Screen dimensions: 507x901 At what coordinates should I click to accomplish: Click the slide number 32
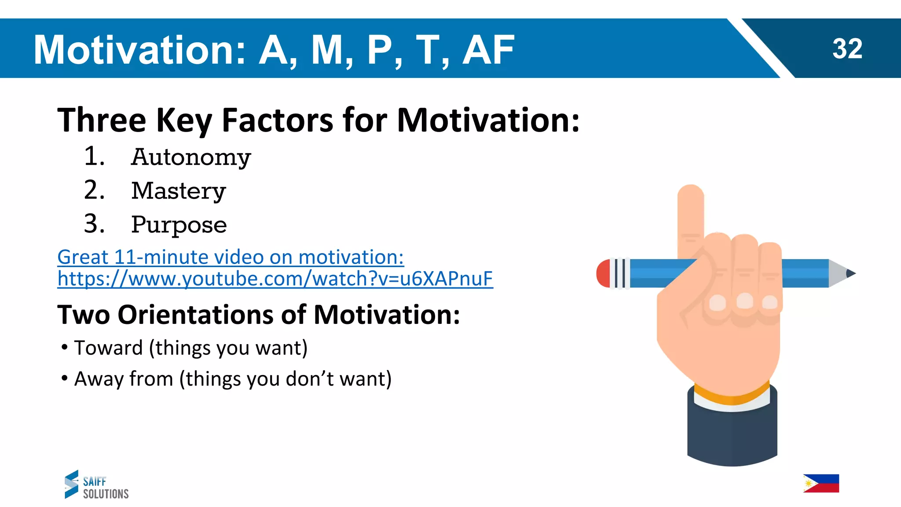point(847,49)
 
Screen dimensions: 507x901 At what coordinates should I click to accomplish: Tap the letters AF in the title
point(488,50)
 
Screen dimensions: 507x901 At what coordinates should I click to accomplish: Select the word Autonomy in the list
point(191,158)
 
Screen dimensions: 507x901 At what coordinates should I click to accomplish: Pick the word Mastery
point(179,191)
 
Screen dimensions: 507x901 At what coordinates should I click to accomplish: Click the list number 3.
point(94,224)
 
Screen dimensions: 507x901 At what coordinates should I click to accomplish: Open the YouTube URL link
point(275,279)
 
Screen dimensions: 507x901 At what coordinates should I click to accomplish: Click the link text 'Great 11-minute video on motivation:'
point(231,257)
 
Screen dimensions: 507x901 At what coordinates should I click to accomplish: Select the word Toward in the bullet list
point(108,348)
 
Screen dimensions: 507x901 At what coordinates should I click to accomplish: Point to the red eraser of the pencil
point(603,274)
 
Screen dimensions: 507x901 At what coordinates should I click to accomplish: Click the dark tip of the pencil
point(851,274)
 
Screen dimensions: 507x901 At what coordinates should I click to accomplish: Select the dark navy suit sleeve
point(732,436)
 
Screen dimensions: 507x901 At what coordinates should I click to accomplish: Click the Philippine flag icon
point(821,483)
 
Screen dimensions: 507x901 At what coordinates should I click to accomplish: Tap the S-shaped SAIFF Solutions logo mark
point(71,484)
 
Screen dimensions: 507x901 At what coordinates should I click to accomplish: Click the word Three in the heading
point(102,120)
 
